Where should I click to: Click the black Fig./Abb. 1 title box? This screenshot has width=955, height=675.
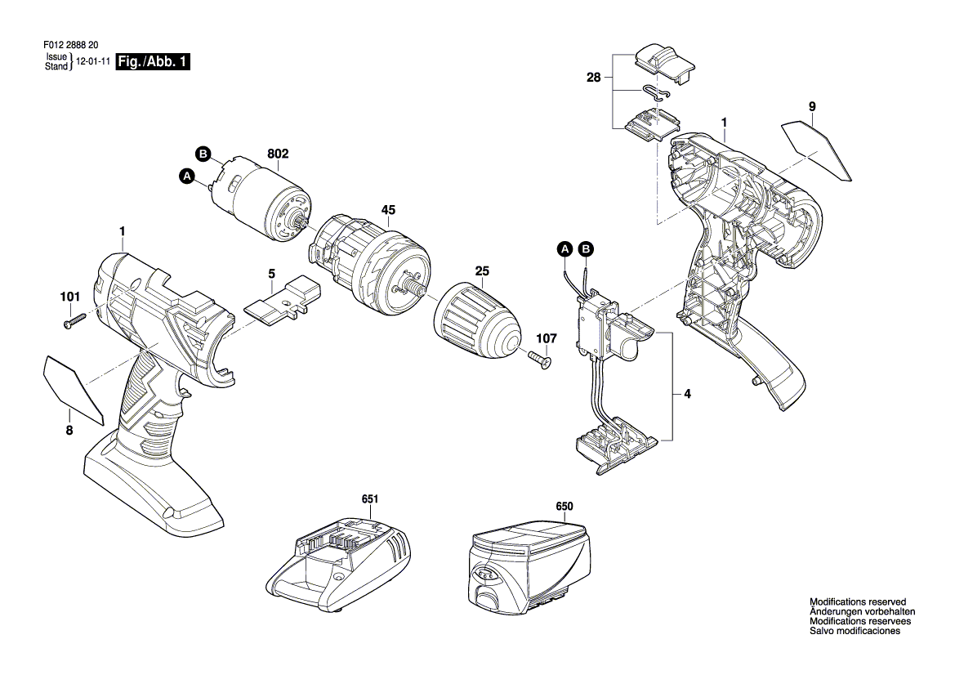pyautogui.click(x=153, y=61)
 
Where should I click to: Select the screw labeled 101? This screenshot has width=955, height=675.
pyautogui.click(x=75, y=322)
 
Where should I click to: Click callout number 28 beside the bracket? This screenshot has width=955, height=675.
pyautogui.click(x=594, y=78)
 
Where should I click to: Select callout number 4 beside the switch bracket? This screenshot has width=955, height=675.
pyautogui.click(x=688, y=394)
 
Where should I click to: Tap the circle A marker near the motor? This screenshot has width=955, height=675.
pyautogui.click(x=188, y=177)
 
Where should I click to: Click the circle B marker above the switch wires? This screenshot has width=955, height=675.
pyautogui.click(x=586, y=248)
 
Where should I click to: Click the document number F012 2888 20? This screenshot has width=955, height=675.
pyautogui.click(x=70, y=45)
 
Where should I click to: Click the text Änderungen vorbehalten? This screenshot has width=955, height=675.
pyautogui.click(x=862, y=612)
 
